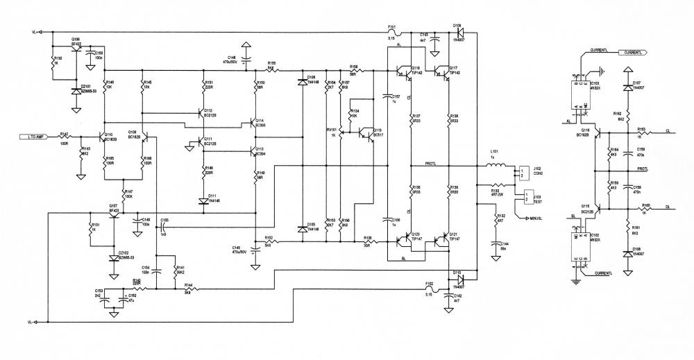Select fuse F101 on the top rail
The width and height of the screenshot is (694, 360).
[x=393, y=32]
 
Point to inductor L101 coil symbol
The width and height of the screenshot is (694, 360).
[x=494, y=166]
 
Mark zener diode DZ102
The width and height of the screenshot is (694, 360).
[x=113, y=258]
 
